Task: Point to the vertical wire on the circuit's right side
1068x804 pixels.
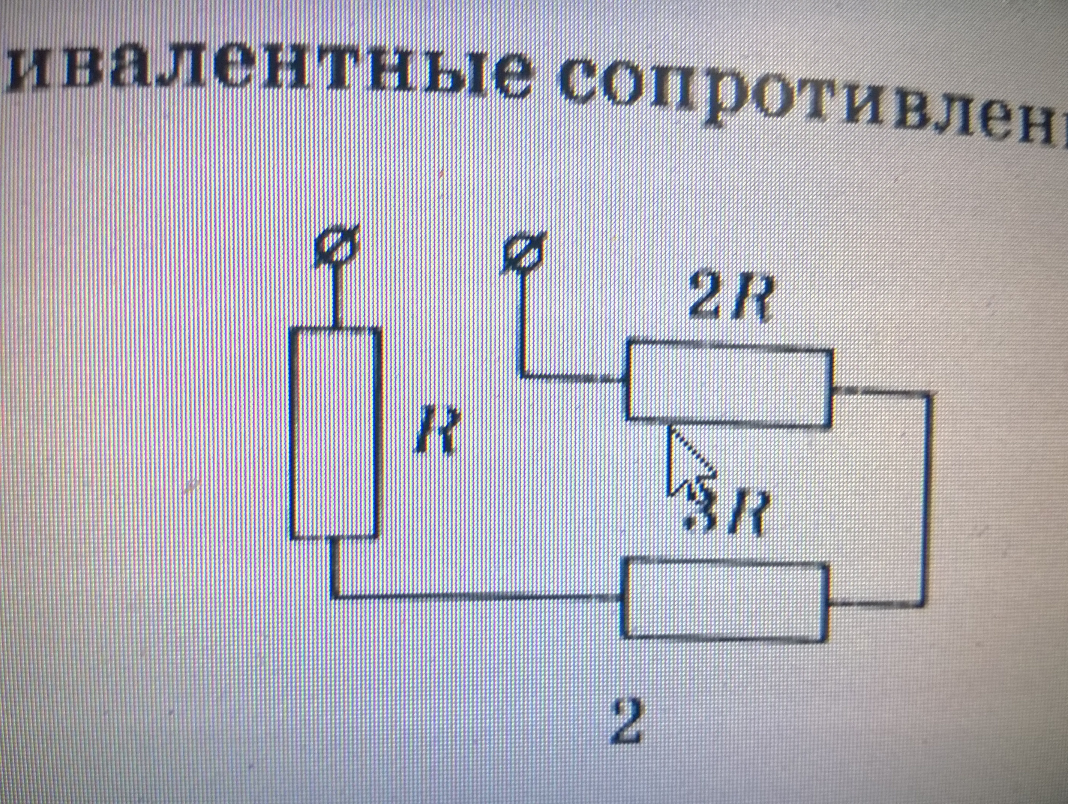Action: point(925,497)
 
